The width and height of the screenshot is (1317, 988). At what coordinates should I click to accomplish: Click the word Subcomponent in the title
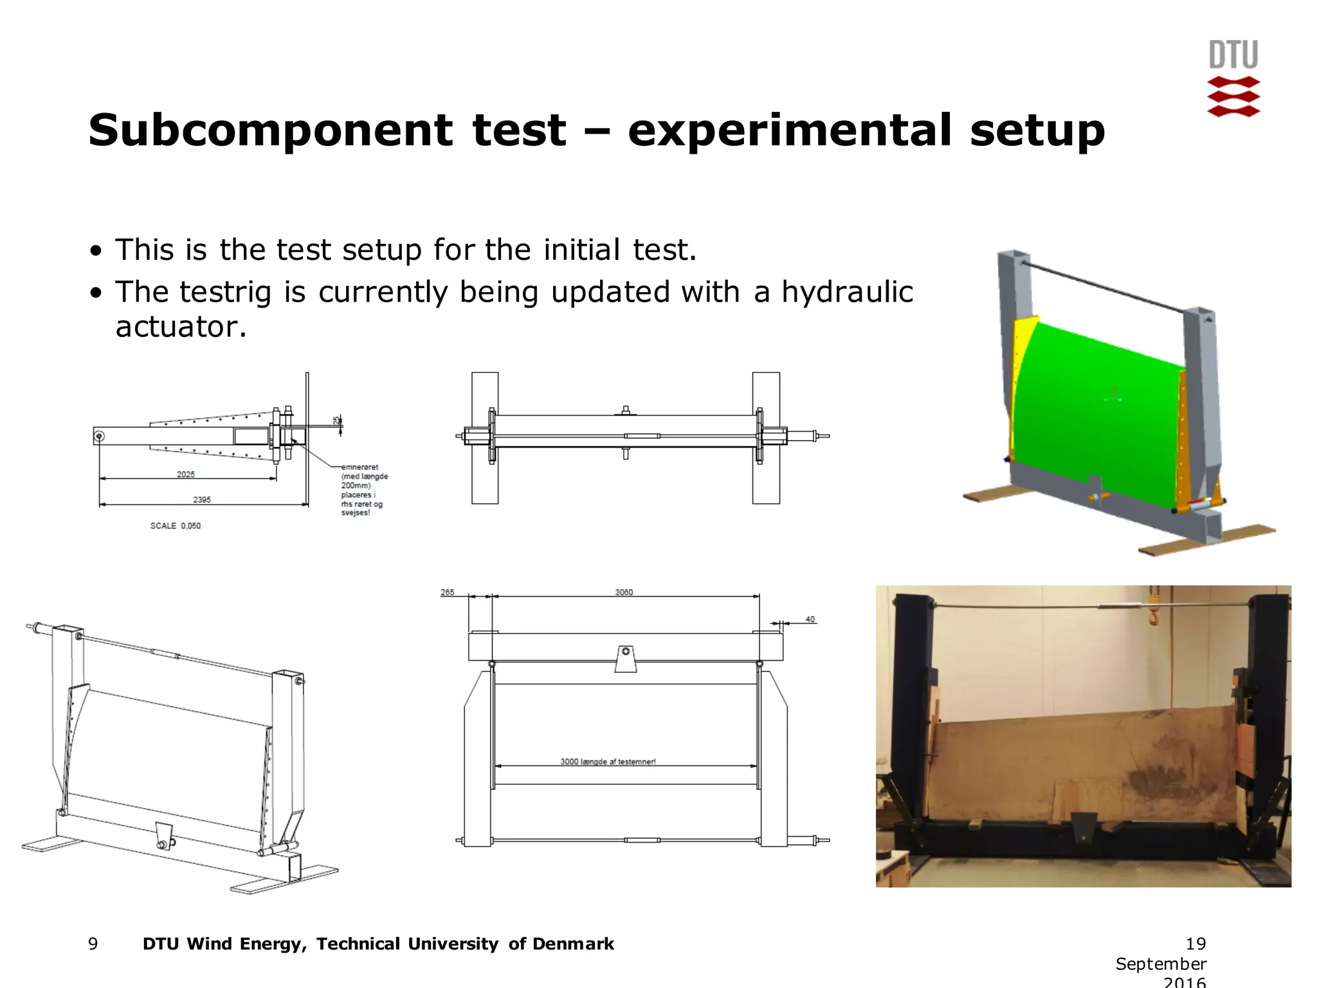[x=270, y=131]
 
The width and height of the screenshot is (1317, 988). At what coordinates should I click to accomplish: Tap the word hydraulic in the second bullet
[x=847, y=292]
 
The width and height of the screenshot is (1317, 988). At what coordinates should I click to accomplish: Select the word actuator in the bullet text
[x=181, y=327]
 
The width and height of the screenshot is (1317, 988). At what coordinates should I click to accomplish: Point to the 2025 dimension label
[x=186, y=475]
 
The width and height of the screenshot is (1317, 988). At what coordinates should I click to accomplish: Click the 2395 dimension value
[x=202, y=500]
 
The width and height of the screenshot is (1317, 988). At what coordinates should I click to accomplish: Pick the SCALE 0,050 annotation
[x=176, y=526]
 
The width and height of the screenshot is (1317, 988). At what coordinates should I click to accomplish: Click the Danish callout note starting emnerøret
[x=365, y=490]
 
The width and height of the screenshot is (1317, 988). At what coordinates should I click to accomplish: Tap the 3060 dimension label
[x=624, y=592]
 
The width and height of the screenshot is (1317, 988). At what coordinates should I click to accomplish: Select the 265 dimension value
[x=448, y=592]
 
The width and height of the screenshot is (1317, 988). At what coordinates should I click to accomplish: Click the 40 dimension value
[x=810, y=619]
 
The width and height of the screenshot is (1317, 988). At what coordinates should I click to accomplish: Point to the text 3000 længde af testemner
[x=608, y=762]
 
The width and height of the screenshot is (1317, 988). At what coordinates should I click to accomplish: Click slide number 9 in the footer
[x=93, y=944]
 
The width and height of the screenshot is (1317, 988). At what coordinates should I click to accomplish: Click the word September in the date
[x=1161, y=964]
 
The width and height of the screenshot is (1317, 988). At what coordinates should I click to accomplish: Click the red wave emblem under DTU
[x=1233, y=97]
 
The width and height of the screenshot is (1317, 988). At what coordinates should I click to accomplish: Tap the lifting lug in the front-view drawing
[x=625, y=659]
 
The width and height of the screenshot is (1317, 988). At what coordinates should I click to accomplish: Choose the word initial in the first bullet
[x=582, y=250]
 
